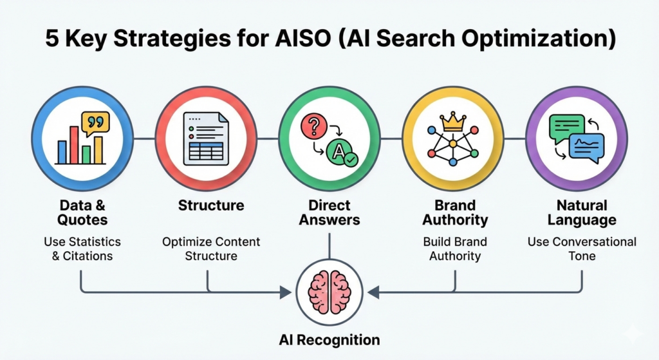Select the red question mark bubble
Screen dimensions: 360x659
[314, 126]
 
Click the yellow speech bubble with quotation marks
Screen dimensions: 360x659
[95, 122]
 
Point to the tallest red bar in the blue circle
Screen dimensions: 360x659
[74, 144]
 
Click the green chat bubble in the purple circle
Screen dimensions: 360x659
[566, 127]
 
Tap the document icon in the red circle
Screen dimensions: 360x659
[205, 138]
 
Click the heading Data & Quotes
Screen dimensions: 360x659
[82, 213]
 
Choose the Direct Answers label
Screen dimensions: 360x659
[329, 213]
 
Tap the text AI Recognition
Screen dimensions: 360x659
[329, 339]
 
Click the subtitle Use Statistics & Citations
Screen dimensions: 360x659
[82, 249]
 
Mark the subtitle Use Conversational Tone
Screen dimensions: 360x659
[581, 249]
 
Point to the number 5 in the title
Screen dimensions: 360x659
[51, 39]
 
